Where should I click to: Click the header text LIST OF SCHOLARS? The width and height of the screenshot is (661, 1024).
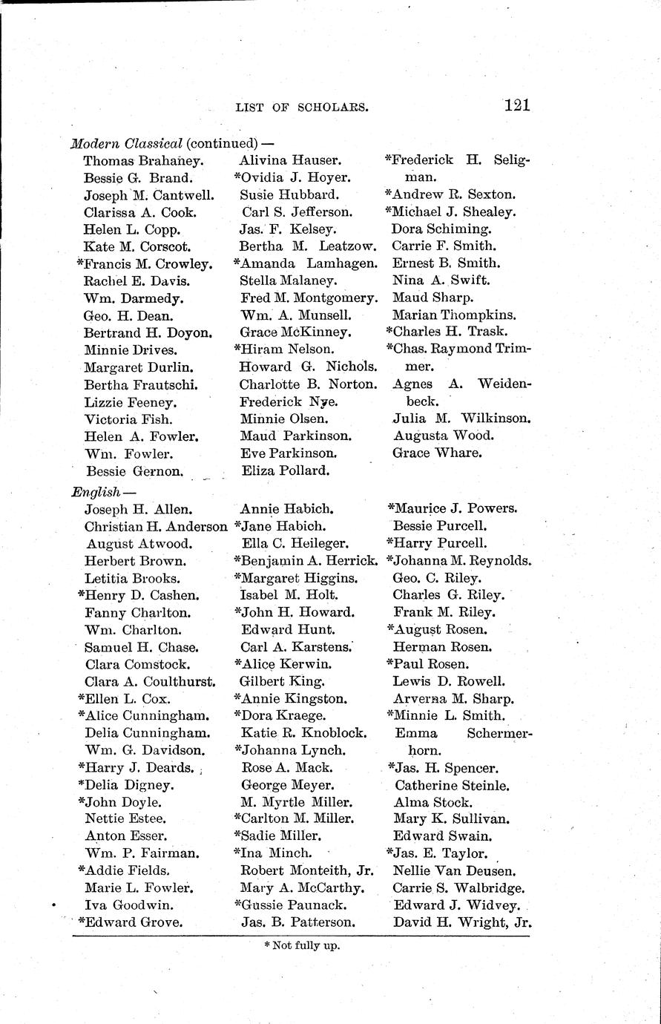301,107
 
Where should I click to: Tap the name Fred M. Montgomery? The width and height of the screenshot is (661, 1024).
308,298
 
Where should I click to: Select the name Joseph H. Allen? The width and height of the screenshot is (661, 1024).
139,509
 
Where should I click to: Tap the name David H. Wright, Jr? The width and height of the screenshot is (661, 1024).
462,923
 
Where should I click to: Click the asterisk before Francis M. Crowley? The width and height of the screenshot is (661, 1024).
79,262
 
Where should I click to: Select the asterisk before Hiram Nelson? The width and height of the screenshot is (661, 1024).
237,348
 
